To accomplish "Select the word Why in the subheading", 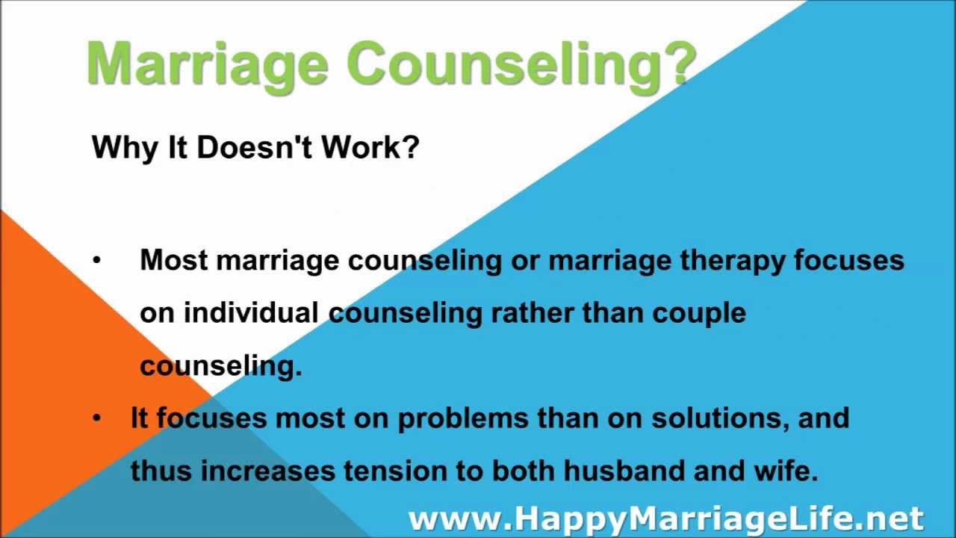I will tap(117, 148).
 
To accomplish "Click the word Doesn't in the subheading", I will tap(258, 148).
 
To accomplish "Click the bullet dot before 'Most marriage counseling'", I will tap(96, 261).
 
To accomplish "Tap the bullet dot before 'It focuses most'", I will tap(96, 418).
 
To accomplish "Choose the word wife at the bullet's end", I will tap(792, 471).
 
